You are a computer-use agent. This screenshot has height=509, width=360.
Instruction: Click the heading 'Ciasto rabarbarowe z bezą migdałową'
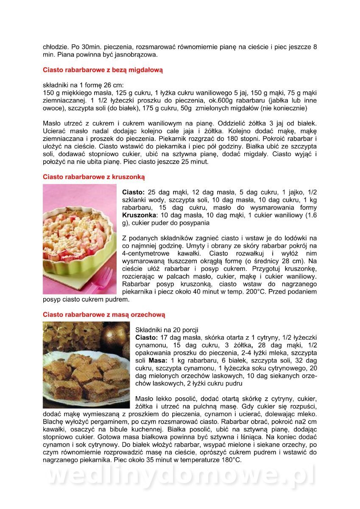(103, 69)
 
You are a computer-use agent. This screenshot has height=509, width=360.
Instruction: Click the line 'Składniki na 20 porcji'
(167, 330)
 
